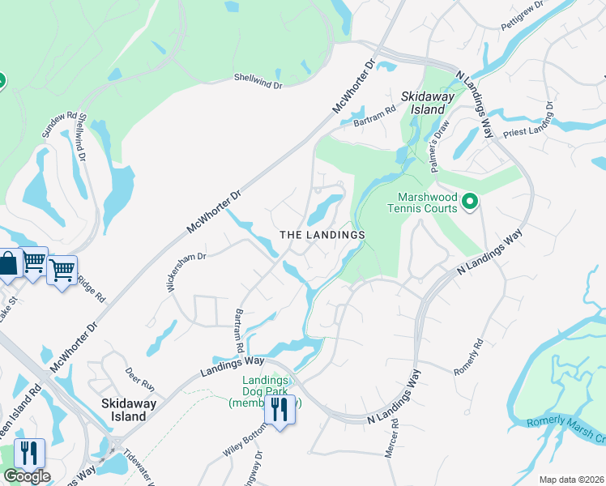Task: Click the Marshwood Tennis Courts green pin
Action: (x=469, y=201)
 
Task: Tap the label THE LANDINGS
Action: (x=322, y=234)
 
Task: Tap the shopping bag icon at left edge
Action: (x=7, y=264)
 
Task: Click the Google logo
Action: (x=26, y=475)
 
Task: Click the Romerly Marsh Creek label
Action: (x=565, y=429)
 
